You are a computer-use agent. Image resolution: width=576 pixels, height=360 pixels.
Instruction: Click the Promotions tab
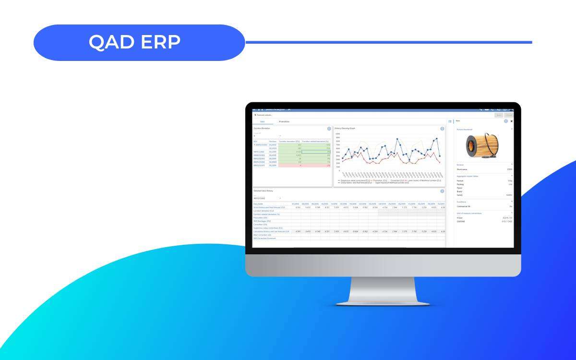[284, 121]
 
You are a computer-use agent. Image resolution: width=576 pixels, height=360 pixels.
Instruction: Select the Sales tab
[262, 121]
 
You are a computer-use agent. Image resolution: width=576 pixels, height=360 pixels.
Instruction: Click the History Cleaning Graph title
[345, 128]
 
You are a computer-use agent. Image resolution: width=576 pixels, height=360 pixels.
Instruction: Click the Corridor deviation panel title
[262, 128]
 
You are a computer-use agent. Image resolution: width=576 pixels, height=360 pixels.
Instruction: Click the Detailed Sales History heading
[263, 191]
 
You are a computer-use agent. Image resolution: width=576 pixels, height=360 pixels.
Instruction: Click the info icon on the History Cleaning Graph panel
[442, 129]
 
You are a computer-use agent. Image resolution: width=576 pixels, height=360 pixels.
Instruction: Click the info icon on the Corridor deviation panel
[329, 129]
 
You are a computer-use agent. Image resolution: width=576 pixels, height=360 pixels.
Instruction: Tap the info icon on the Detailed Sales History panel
[442, 191]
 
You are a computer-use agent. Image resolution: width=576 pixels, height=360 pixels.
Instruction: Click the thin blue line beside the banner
[389, 42]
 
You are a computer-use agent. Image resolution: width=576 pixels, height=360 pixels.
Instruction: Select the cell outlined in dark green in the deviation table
[316, 152]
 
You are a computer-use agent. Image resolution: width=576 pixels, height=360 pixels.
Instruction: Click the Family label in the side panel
[459, 195]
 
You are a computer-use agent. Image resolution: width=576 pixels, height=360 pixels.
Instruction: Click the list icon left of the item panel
[450, 121]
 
